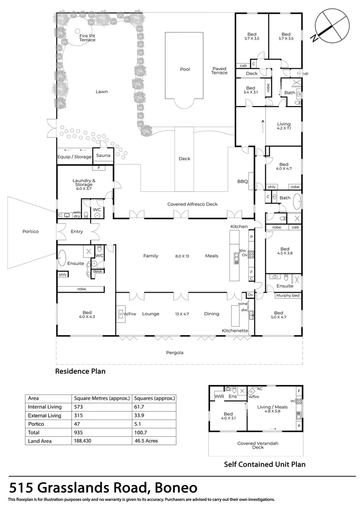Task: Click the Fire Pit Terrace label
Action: tap(87, 38)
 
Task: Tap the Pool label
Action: tap(185, 69)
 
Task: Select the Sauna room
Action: tap(103, 156)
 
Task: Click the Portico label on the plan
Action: tap(30, 231)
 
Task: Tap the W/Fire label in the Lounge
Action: tap(130, 314)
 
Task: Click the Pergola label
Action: tap(174, 353)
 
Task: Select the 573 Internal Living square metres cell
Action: tap(78, 406)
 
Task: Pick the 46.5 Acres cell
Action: tap(145, 441)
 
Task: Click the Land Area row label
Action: tap(40, 441)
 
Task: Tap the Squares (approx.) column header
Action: tap(155, 398)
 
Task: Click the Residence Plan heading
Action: tap(81, 371)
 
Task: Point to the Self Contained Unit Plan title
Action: tap(264, 464)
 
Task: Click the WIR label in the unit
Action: tap(220, 397)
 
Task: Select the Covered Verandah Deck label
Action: tap(257, 445)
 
